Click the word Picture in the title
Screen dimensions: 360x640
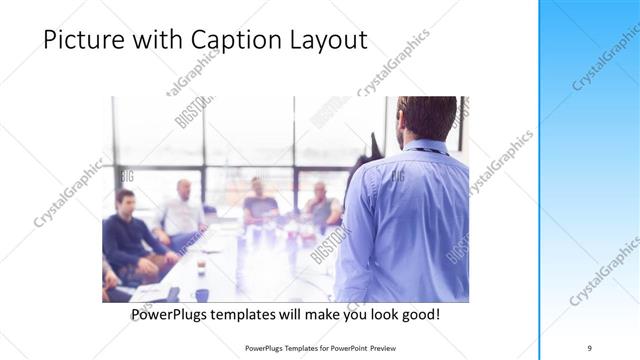click(81, 41)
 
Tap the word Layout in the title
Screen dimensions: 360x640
click(326, 41)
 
